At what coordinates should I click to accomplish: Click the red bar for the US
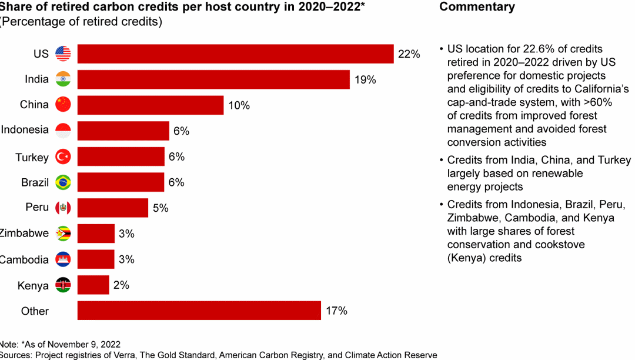click(235, 54)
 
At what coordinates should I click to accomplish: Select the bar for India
click(213, 79)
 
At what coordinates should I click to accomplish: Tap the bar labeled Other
click(199, 311)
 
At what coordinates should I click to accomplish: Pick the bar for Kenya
click(93, 285)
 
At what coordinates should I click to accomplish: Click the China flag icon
click(63, 105)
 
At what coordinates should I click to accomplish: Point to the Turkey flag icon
click(63, 156)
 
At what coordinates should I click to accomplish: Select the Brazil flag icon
click(63, 182)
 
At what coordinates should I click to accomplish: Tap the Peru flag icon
click(63, 208)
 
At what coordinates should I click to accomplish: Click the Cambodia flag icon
click(63, 259)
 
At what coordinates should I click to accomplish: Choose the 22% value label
click(409, 54)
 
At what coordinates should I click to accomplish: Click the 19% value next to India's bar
click(365, 79)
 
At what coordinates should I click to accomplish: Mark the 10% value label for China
click(239, 105)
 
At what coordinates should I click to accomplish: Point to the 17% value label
click(336, 311)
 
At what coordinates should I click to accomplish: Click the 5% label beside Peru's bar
click(160, 208)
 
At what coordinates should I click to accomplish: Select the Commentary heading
click(477, 7)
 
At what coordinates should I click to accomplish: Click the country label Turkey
click(32, 157)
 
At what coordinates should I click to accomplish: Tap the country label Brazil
click(35, 182)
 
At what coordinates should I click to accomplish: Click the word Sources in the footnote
click(15, 355)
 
